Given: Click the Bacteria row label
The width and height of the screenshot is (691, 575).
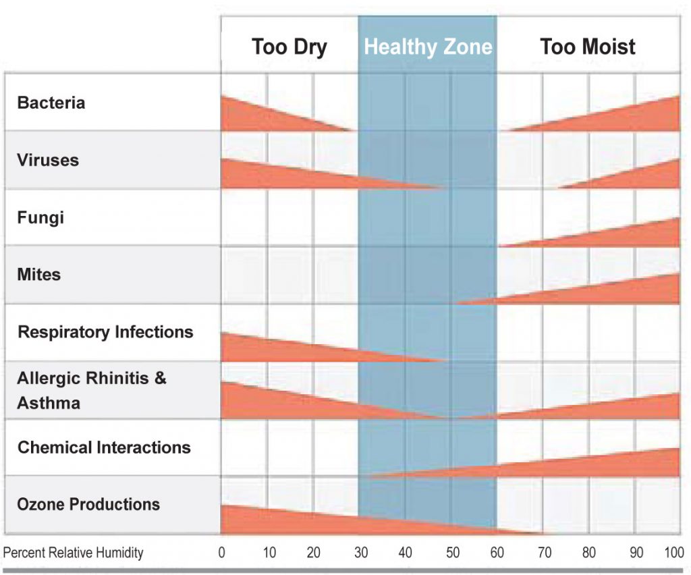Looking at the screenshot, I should click(x=51, y=103).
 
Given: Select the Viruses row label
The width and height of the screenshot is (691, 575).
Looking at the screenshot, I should click(x=48, y=161).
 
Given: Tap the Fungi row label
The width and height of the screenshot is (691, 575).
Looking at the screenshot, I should click(x=40, y=218).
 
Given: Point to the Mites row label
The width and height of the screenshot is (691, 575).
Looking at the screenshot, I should click(x=39, y=275).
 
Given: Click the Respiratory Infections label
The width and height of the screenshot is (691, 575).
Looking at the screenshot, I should click(x=105, y=332).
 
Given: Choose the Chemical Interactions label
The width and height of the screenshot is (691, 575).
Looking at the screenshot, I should click(x=104, y=447).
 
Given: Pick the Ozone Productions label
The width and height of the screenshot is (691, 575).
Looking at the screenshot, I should click(x=88, y=504).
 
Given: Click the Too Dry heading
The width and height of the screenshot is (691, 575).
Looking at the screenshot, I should click(x=289, y=47).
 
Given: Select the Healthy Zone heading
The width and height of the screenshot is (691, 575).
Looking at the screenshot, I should click(x=428, y=47).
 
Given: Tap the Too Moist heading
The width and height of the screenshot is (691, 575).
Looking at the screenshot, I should click(x=587, y=47).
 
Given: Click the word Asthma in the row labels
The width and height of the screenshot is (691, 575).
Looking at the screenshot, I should click(x=49, y=403).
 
